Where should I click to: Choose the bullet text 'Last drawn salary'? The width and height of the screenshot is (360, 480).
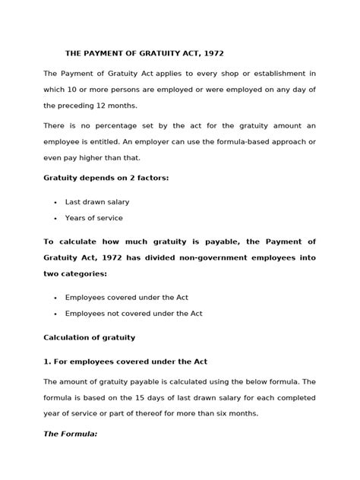97,201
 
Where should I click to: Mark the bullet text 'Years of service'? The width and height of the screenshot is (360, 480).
94,218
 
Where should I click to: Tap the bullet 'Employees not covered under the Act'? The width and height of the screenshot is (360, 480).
134,313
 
